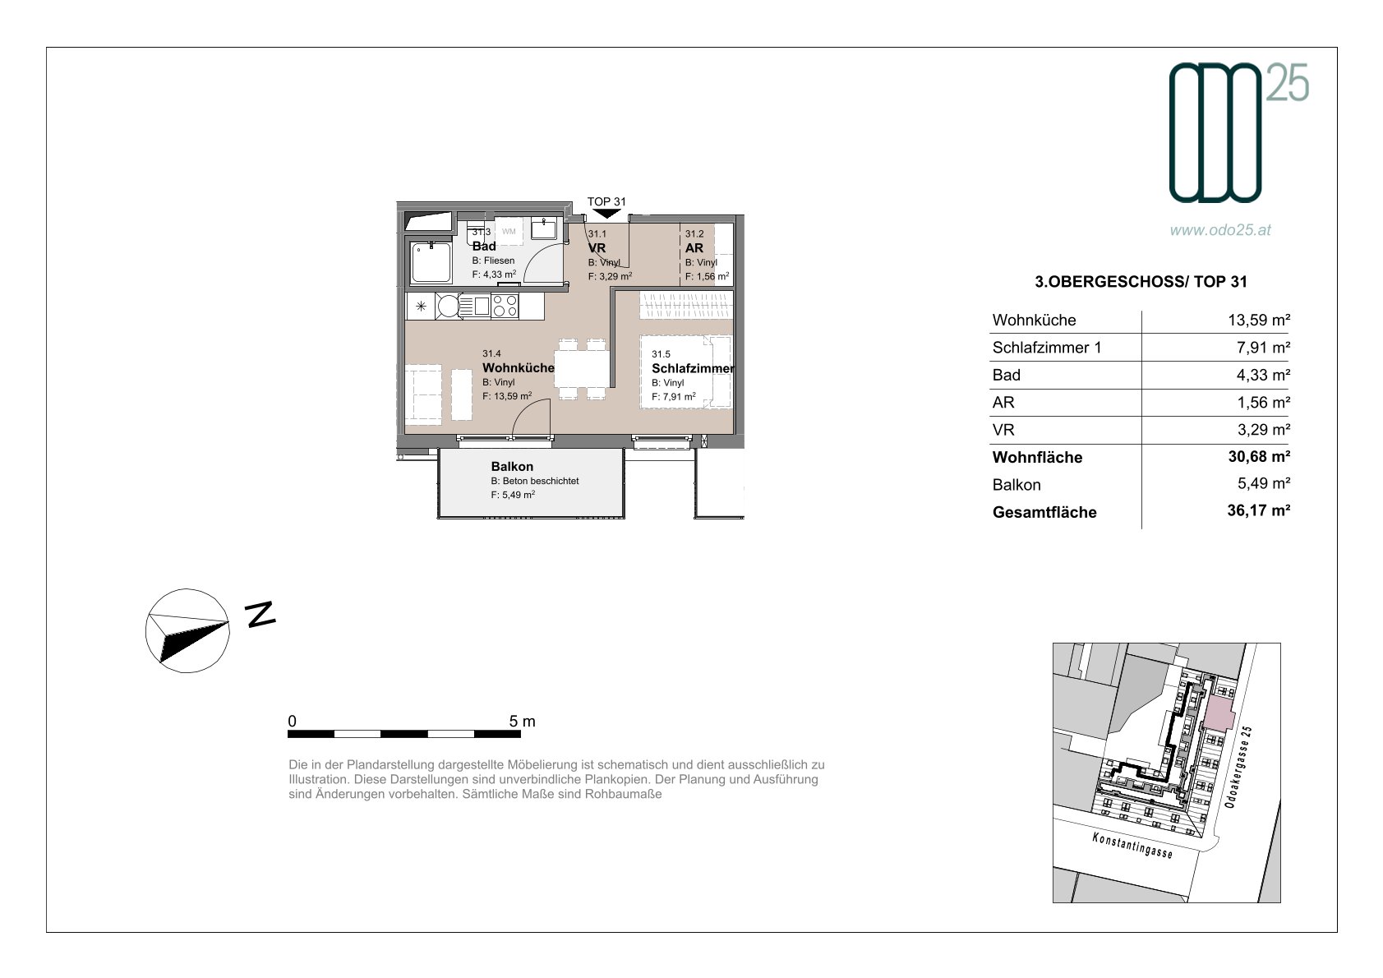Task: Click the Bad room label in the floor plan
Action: pos(483,247)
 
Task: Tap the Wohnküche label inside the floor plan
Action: pos(518,368)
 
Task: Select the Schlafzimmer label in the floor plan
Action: pos(693,369)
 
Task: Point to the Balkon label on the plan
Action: pos(512,467)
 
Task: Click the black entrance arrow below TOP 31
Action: pos(606,214)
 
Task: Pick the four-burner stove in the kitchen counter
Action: pos(505,307)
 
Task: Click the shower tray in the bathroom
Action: pos(431,262)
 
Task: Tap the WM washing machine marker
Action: pos(509,232)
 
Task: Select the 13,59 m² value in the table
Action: pos(1259,320)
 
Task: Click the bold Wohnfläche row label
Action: pos(1037,458)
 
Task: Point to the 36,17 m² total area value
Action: pos(1259,510)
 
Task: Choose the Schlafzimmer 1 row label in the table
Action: pos(1047,348)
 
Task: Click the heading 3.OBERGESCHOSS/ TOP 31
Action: pos(1141,282)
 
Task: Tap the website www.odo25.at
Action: pos(1220,230)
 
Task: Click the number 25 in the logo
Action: pos(1288,83)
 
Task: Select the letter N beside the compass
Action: pos(260,615)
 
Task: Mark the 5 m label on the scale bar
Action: pos(523,721)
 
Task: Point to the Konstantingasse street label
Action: pos(1132,845)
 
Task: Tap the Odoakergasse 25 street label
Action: pos(1238,767)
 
